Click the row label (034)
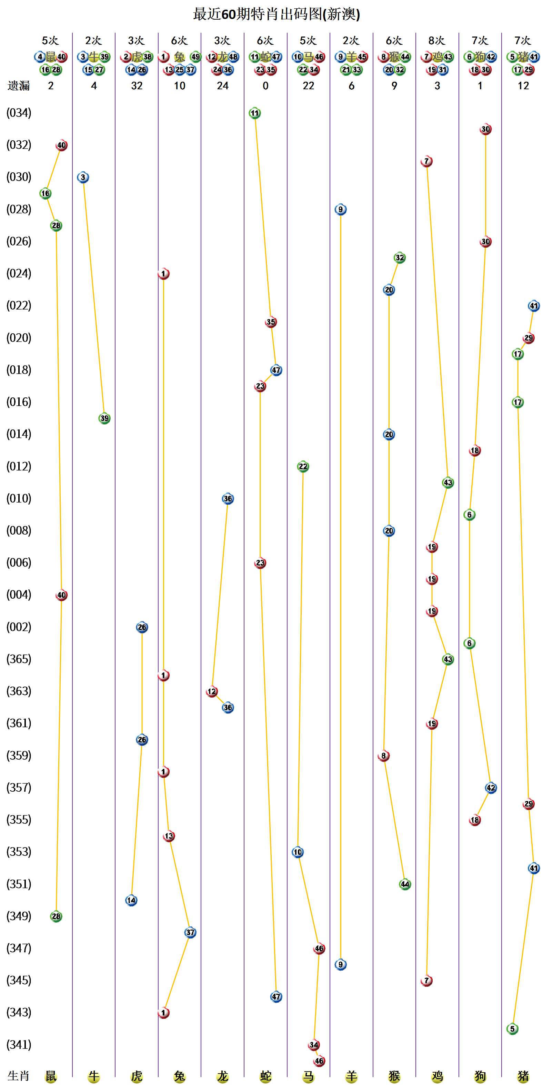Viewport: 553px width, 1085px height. click(x=19, y=113)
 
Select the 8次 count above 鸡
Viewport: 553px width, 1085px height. click(x=437, y=40)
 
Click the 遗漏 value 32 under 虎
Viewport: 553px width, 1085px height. click(x=137, y=86)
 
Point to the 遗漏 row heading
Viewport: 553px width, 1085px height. click(x=19, y=86)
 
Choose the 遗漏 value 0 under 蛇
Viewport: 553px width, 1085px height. click(x=265, y=86)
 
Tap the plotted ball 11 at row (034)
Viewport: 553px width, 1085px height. click(x=254, y=113)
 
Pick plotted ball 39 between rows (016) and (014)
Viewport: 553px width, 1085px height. click(x=104, y=418)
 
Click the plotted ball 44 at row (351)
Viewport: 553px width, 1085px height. click(x=405, y=884)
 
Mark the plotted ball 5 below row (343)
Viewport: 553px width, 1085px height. click(x=512, y=1028)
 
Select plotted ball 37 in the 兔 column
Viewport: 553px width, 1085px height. click(x=190, y=932)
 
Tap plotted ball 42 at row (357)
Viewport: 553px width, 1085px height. click(x=491, y=788)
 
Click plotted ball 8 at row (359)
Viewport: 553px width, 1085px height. click(x=383, y=756)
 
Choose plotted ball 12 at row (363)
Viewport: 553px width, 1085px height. click(x=211, y=691)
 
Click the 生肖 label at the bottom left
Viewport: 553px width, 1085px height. click(x=19, y=1076)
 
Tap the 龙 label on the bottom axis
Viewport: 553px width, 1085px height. click(x=222, y=1076)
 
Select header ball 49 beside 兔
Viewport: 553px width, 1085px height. click(x=195, y=57)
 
